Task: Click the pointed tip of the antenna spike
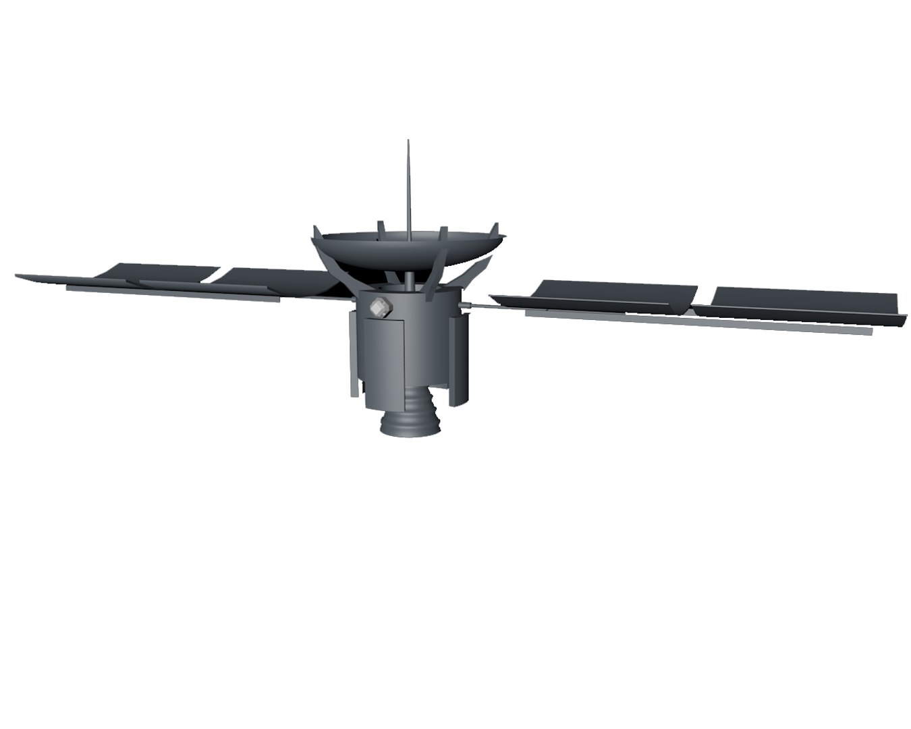coord(408,142)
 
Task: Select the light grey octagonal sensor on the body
coord(381,308)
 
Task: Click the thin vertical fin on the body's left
coord(352,351)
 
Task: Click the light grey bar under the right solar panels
coord(695,322)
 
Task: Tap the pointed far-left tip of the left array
coord(17,275)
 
